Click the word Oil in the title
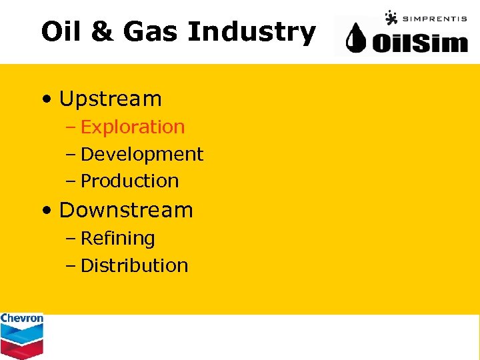62,31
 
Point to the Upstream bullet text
111,99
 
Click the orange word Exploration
133,127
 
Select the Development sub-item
142,154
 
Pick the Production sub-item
130,181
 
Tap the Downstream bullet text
126,210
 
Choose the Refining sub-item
118,238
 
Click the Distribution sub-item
135,265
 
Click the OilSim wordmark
420,43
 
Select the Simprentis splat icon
391,17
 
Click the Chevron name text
22,319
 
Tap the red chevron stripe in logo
22,347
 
